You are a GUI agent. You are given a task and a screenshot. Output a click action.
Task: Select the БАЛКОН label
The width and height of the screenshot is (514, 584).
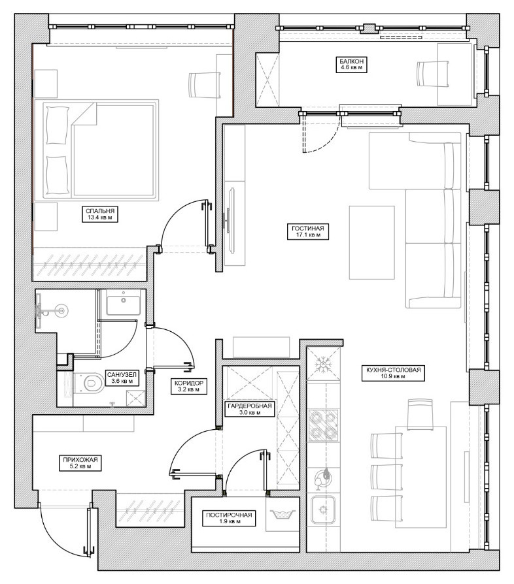[351, 64]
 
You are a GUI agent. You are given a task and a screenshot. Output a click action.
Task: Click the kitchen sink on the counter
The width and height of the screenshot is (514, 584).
[323, 510]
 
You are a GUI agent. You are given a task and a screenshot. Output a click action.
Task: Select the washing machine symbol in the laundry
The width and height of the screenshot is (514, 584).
[283, 512]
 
